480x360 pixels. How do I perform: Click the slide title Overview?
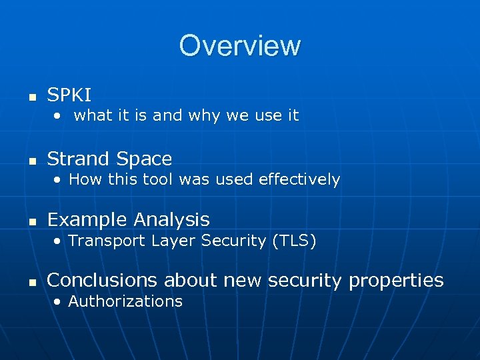[x=239, y=45]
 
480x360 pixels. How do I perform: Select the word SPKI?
[x=69, y=95]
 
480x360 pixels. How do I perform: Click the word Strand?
[x=78, y=159]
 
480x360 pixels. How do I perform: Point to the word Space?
[x=143, y=159]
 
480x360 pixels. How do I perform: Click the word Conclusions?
[x=105, y=280]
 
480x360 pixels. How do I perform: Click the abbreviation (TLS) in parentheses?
[x=293, y=241]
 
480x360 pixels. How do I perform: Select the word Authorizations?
[x=125, y=301]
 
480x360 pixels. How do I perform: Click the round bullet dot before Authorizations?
[x=59, y=302]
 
